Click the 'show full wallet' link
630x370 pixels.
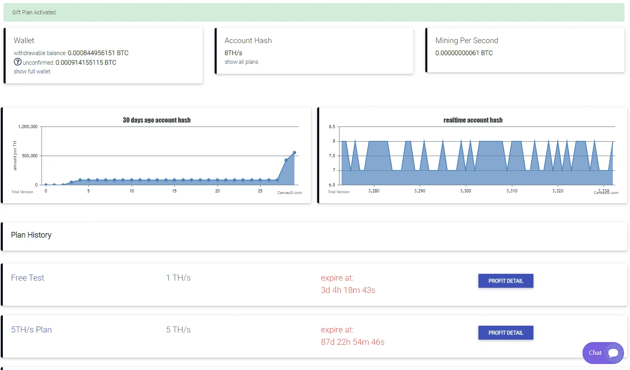(32, 71)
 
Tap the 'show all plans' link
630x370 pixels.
(241, 62)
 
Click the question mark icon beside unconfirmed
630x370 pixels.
(18, 61)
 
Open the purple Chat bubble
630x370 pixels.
(603, 353)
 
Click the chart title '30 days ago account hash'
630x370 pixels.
(157, 120)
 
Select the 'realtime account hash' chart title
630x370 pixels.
(473, 120)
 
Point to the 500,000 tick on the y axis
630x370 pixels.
(30, 156)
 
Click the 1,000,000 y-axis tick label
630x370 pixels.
(28, 127)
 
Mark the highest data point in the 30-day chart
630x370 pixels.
(294, 153)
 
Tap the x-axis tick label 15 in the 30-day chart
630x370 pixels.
(174, 191)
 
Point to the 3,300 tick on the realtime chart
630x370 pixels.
(466, 191)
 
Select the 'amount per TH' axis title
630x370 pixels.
(15, 156)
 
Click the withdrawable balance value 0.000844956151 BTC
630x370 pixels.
(98, 53)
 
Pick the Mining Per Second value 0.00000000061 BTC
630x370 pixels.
(464, 53)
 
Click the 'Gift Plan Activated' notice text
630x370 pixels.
(34, 12)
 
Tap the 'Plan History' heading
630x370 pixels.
(31, 235)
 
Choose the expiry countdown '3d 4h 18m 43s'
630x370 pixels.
(348, 290)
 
